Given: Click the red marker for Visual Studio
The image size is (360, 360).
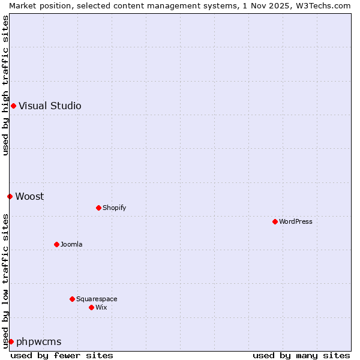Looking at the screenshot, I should [x=13, y=106].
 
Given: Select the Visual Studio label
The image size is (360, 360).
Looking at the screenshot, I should [x=50, y=106].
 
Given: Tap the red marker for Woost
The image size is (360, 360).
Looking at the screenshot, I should [x=10, y=196].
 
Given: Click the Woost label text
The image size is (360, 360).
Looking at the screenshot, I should [x=29, y=196].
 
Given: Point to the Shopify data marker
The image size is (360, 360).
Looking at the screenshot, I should [x=98, y=208].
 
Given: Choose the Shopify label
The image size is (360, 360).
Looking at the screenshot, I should [x=114, y=208].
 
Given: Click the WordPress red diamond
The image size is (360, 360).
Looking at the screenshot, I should [x=275, y=222].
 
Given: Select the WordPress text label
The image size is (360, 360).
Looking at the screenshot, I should [x=295, y=222].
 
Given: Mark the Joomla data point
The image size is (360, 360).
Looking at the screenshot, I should [x=56, y=245].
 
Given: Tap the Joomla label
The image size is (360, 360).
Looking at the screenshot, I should [x=71, y=245].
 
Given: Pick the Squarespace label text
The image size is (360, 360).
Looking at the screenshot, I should [x=97, y=299].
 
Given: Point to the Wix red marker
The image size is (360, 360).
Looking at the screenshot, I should [x=91, y=308].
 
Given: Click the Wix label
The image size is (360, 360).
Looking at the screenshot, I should [x=101, y=308].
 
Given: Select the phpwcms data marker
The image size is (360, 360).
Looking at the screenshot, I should [x=11, y=342].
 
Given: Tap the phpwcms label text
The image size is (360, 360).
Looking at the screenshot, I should [x=38, y=342].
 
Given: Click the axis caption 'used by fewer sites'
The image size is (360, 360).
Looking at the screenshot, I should [x=62, y=355].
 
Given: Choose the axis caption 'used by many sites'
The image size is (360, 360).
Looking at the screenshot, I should [x=301, y=355].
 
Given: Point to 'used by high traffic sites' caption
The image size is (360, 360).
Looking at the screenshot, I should [x=5, y=85].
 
